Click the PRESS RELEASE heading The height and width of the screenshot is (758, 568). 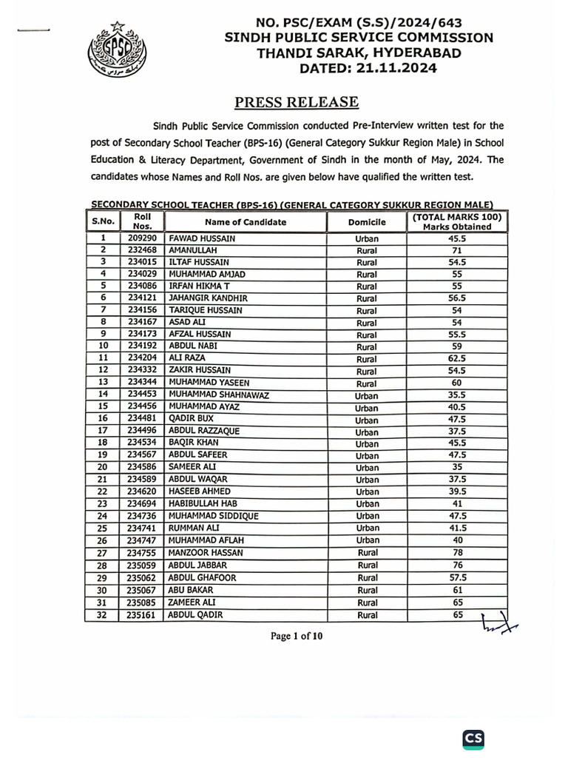pyautogui.click(x=297, y=102)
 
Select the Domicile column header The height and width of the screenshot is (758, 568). pyautogui.click(x=367, y=222)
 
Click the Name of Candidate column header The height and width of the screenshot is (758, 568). pyautogui.click(x=246, y=222)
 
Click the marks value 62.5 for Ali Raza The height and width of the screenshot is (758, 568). pyautogui.click(x=456, y=358)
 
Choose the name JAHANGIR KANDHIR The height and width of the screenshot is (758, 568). pyautogui.click(x=209, y=298)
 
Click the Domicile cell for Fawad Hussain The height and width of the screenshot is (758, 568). pyautogui.click(x=367, y=239)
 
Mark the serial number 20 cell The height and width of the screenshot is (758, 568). pyautogui.click(x=104, y=467)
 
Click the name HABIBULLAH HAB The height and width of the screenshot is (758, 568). pyautogui.click(x=203, y=503)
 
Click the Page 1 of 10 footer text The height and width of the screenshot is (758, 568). pyautogui.click(x=296, y=636)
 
